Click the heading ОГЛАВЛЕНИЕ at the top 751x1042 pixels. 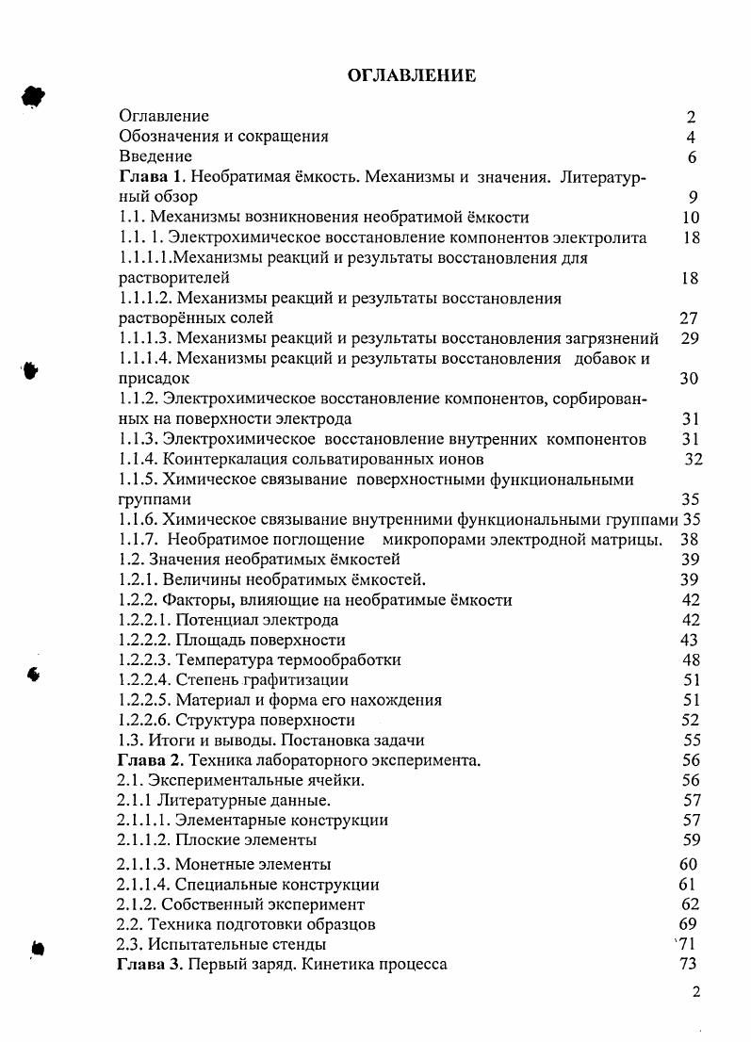[x=412, y=76]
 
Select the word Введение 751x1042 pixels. [x=155, y=156]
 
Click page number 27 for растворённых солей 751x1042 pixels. [x=689, y=318]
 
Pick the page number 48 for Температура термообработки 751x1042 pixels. [x=690, y=659]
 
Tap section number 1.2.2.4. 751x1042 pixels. [x=147, y=679]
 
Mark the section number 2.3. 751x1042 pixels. [x=129, y=944]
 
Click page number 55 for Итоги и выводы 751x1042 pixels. [x=690, y=741]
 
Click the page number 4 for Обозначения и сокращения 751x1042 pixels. [x=691, y=137]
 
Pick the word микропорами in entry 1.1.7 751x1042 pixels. [x=429, y=540]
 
